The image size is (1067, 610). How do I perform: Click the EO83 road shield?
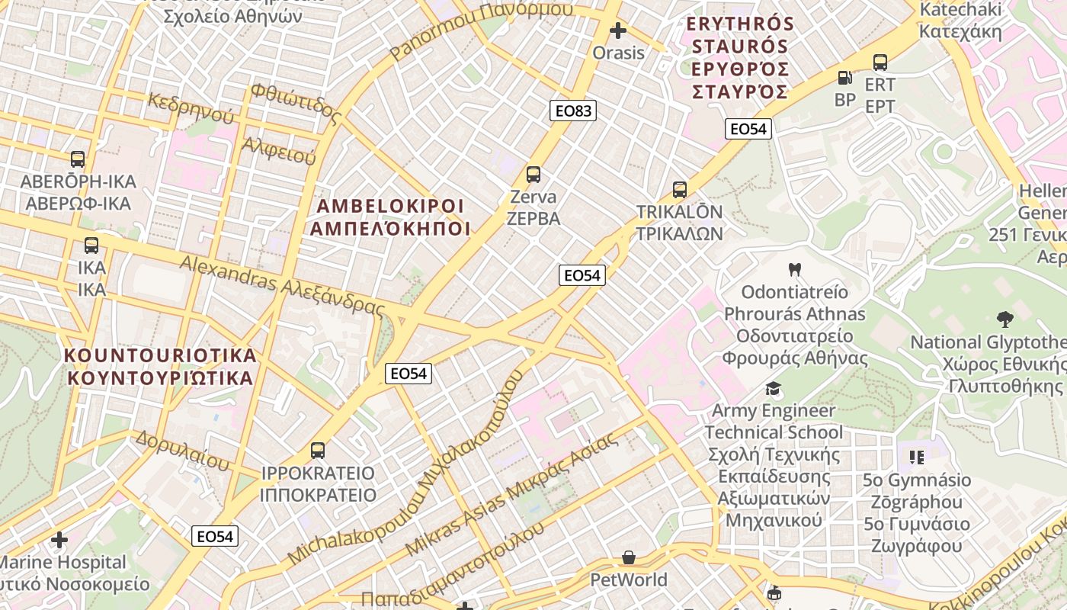(x=573, y=111)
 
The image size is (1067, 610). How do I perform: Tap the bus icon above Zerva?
(x=533, y=175)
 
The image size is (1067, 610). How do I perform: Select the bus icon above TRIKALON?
(x=679, y=190)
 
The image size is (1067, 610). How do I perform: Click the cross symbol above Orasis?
(x=618, y=30)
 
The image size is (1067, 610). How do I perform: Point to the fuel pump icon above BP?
(x=844, y=78)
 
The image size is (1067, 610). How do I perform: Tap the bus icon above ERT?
(x=880, y=63)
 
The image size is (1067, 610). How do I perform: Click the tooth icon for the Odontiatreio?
(x=794, y=269)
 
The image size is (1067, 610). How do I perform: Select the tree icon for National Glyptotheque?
(x=1005, y=319)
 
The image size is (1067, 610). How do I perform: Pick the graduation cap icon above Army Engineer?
(x=774, y=389)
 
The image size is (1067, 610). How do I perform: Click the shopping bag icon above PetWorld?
(x=629, y=558)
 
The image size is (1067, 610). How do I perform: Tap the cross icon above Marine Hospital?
(x=59, y=540)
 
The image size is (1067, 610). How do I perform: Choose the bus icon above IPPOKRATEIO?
(x=318, y=451)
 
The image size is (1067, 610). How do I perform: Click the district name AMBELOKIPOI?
(x=390, y=206)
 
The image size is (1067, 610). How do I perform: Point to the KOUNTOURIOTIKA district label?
(x=160, y=355)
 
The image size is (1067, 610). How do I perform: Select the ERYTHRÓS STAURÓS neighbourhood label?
(x=740, y=35)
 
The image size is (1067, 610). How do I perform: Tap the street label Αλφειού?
(x=278, y=151)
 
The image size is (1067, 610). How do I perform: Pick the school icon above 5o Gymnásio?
(x=916, y=457)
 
